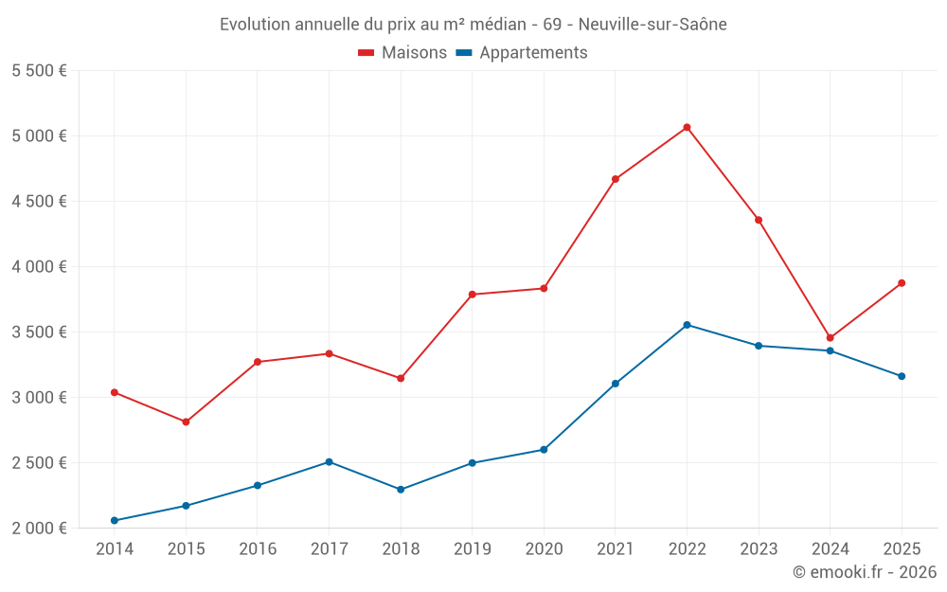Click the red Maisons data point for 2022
click(x=687, y=127)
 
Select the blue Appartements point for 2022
click(x=687, y=325)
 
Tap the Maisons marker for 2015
click(x=186, y=422)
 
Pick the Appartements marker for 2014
click(x=115, y=520)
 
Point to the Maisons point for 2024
click(x=830, y=337)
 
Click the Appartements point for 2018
click(x=401, y=490)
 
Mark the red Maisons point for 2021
click(x=616, y=179)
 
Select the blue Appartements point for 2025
click(x=902, y=376)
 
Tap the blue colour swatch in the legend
click(x=464, y=53)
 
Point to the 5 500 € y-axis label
click(x=39, y=71)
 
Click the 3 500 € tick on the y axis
click(x=39, y=332)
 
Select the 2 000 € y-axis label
click(x=39, y=529)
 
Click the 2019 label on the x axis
click(x=472, y=549)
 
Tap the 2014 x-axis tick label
click(x=115, y=549)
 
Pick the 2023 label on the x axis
click(x=759, y=549)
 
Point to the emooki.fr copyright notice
click(x=865, y=572)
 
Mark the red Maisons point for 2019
click(x=472, y=295)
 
